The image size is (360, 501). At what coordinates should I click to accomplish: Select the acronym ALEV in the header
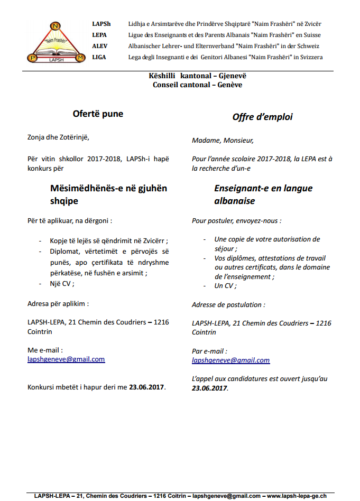[99, 46]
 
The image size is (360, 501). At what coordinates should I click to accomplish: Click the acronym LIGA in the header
[99, 57]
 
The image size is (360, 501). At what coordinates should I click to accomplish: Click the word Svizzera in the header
[309, 57]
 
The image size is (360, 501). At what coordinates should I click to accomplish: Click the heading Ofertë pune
[98, 113]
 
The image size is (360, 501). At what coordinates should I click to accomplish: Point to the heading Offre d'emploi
[262, 117]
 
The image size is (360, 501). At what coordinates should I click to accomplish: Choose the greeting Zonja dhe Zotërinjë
[58, 137]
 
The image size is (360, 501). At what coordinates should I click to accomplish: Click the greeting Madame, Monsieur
[223, 141]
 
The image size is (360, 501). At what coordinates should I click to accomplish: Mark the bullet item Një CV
[61, 283]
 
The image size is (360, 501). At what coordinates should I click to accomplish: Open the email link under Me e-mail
[66, 359]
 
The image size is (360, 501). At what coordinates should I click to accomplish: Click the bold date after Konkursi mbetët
[147, 387]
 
